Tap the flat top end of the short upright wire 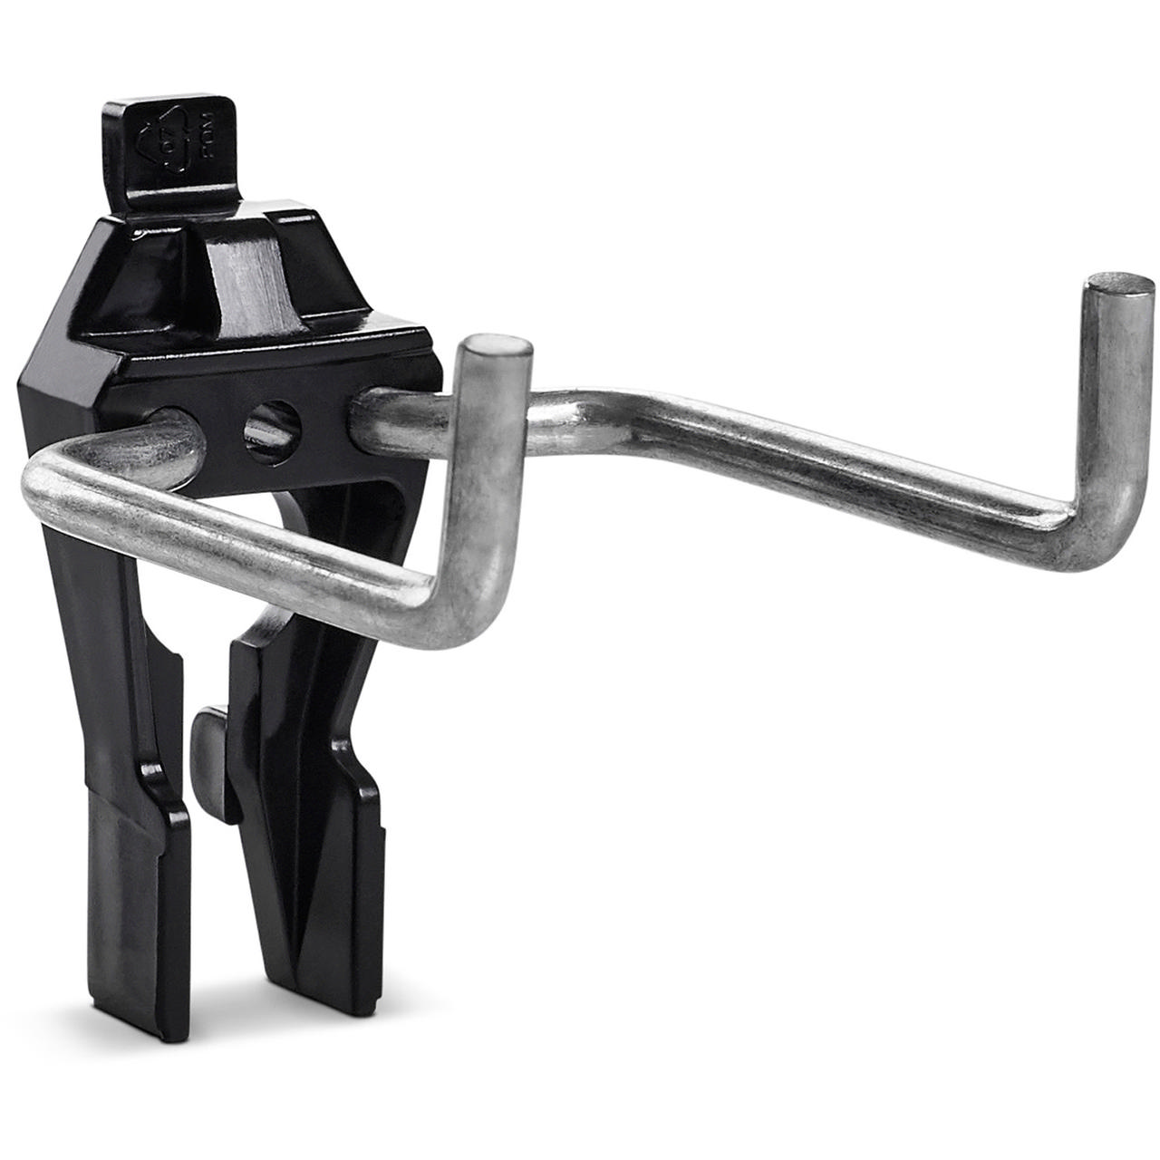tap(495, 345)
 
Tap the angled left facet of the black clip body tap(68, 381)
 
